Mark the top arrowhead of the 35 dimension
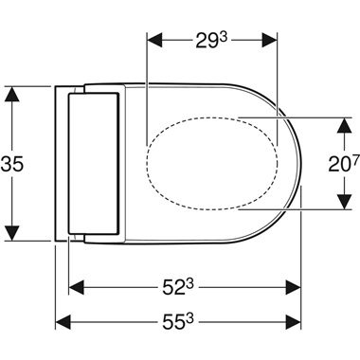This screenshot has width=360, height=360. [12, 93]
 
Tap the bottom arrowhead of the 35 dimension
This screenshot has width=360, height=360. [12, 232]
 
